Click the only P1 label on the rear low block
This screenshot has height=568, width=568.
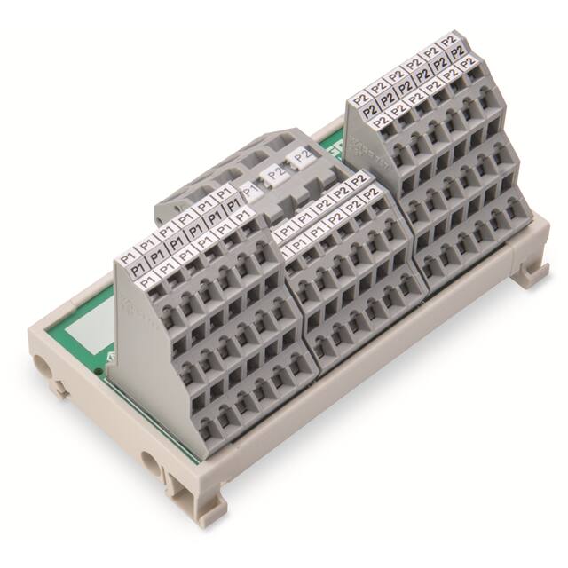tap(251, 189)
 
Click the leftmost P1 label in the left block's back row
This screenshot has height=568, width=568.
tap(126, 251)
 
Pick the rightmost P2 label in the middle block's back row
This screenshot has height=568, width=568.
tap(358, 180)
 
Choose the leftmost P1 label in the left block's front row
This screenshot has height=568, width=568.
tap(130, 280)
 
